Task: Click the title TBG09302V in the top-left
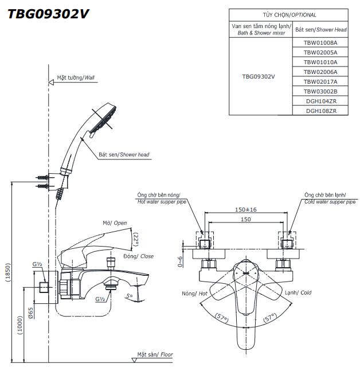(x=48, y=14)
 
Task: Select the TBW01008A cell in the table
(x=320, y=42)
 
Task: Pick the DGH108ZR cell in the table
(x=320, y=111)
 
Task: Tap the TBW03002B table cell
(x=320, y=91)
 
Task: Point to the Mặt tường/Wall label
(x=76, y=77)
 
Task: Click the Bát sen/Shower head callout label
(x=124, y=155)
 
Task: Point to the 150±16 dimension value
(x=246, y=210)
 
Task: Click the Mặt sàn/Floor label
(x=155, y=355)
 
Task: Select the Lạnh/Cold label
(x=298, y=292)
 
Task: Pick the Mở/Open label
(x=115, y=223)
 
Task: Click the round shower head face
(x=106, y=118)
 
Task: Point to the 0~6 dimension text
(x=180, y=261)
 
